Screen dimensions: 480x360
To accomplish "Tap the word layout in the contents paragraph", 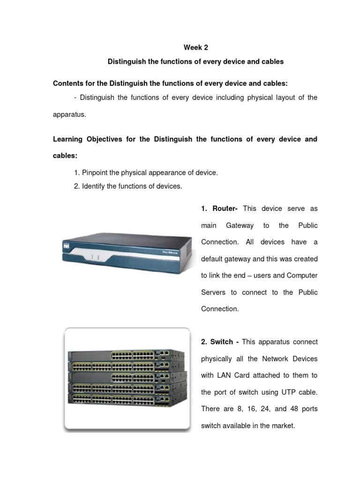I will (x=263, y=97).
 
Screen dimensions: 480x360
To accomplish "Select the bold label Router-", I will (x=225, y=209).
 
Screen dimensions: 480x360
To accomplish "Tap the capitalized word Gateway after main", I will (x=240, y=225).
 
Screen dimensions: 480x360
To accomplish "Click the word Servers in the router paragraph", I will (x=213, y=292).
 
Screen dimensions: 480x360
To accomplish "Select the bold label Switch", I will (x=223, y=342).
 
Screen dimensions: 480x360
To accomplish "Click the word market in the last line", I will (x=283, y=426).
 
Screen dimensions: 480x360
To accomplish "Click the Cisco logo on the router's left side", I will (x=67, y=246).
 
